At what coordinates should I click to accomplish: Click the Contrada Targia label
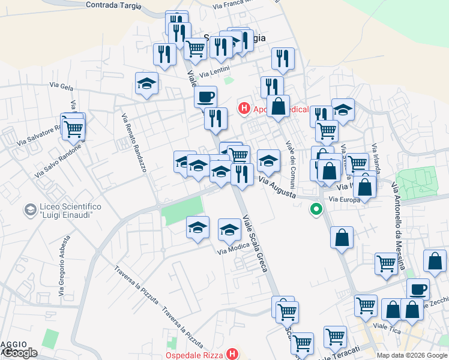coord(113,5)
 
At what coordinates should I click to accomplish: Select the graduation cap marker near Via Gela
coord(146,85)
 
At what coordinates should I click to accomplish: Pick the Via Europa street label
coord(345,199)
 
